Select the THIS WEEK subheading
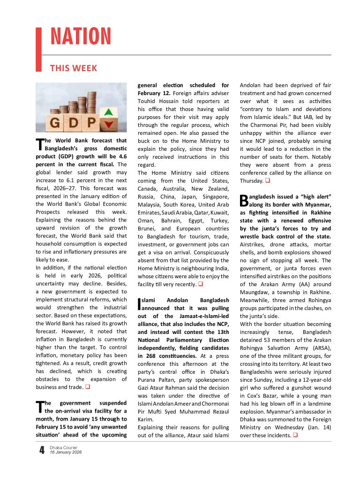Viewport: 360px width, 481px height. point(74,68)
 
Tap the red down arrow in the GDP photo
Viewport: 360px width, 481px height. point(109,124)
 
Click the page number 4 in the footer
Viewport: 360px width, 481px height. point(42,451)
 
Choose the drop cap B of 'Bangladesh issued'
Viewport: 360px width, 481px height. point(244,200)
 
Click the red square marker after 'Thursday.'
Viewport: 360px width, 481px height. point(267,181)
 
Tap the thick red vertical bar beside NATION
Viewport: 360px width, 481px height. point(39,49)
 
